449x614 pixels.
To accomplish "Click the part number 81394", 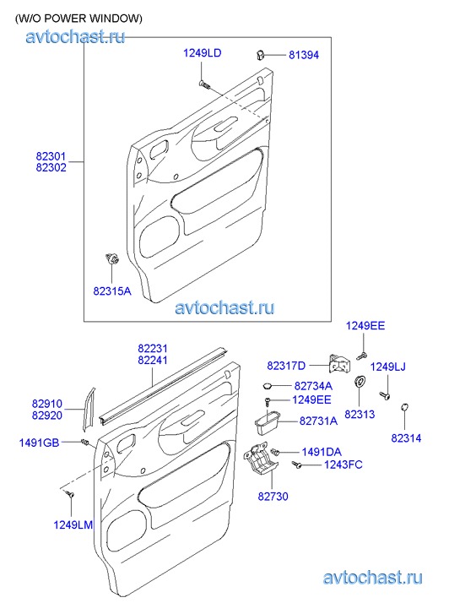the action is (304, 55).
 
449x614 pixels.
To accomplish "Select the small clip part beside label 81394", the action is (260, 54).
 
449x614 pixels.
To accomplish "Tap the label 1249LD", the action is (202, 53).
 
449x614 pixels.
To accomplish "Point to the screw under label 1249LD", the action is (204, 84).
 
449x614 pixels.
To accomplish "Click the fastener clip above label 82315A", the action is (112, 258).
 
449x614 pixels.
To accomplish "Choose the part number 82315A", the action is (112, 291).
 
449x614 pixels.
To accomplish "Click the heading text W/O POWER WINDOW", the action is (78, 18).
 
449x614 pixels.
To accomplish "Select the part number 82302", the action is (51, 167).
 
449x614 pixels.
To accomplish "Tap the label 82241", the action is (153, 361).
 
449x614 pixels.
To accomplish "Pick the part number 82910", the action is (47, 404).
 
